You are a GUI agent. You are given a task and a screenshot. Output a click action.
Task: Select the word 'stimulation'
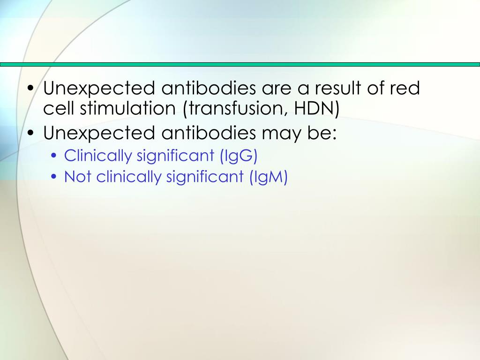click(127, 109)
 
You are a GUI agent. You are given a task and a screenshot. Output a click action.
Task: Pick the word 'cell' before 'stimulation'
click(59, 109)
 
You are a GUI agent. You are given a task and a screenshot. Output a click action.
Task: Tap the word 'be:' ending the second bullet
click(321, 133)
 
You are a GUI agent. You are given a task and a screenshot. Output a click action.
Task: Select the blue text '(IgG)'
click(239, 155)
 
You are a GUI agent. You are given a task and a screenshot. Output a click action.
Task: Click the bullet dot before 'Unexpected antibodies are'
click(31, 89)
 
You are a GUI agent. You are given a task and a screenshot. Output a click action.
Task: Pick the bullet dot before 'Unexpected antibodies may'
click(31, 134)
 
